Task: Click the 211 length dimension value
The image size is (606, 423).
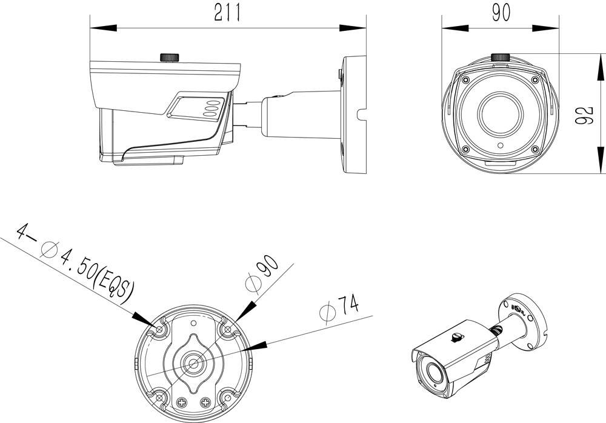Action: (228, 13)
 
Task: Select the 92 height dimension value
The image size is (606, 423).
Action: (585, 115)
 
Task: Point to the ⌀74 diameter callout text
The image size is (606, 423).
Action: (340, 307)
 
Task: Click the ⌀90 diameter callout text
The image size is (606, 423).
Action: (262, 273)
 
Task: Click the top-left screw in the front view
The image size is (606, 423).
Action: (465, 79)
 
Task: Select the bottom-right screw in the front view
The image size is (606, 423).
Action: (535, 149)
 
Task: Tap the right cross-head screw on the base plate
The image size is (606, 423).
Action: (205, 403)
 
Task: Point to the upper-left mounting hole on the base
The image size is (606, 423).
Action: (159, 330)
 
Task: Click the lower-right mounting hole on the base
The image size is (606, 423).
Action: (228, 398)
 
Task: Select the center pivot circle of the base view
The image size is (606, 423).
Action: (193, 362)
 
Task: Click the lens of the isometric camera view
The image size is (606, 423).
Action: (432, 373)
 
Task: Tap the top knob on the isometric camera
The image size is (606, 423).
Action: (456, 338)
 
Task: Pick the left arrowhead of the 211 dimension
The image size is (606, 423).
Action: (103, 28)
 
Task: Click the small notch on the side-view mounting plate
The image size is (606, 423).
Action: (362, 114)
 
